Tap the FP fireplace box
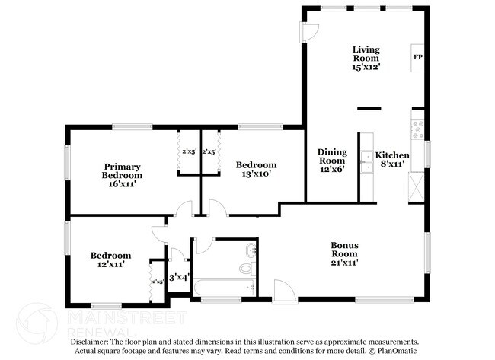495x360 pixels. click(x=417, y=57)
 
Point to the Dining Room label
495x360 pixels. click(x=332, y=155)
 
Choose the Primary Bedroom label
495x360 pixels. click(x=123, y=170)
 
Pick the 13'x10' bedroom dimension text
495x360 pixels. click(x=256, y=174)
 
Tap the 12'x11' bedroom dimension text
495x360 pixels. click(x=111, y=265)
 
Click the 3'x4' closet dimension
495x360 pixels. click(x=178, y=277)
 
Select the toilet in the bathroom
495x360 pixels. click(x=246, y=268)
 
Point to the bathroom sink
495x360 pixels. click(x=251, y=250)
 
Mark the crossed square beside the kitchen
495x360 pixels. click(x=417, y=186)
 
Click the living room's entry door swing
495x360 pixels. click(x=310, y=31)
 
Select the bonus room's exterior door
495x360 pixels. click(x=282, y=290)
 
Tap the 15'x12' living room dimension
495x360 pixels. click(x=366, y=67)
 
